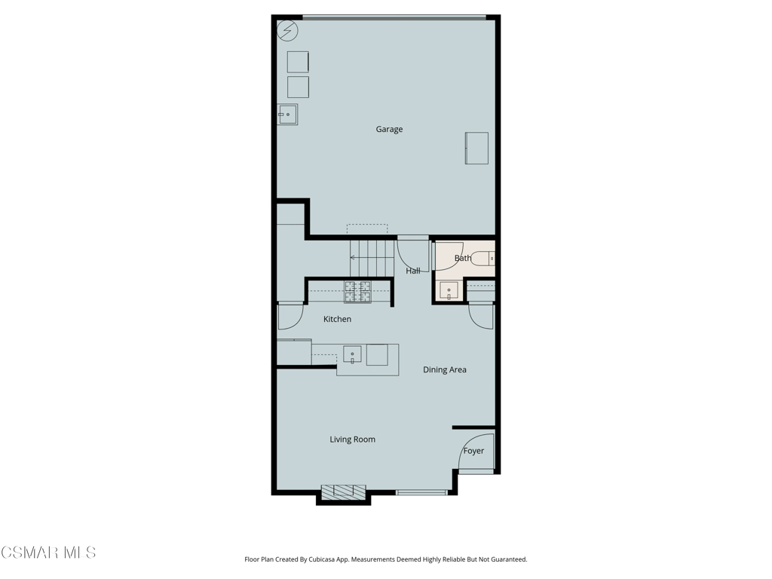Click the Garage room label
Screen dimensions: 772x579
(x=389, y=129)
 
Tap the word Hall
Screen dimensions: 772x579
(x=413, y=271)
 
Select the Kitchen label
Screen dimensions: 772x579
(x=337, y=319)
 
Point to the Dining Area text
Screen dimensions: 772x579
(x=445, y=369)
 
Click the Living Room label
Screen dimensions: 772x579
(x=353, y=440)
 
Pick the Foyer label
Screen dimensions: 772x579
(x=473, y=451)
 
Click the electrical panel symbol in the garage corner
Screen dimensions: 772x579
(x=287, y=30)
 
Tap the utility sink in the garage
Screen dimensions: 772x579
(x=287, y=115)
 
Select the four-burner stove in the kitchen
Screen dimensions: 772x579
(x=357, y=292)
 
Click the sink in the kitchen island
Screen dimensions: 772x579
(x=353, y=354)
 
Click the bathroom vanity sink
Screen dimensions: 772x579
(x=449, y=290)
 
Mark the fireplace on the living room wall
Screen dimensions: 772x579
(x=344, y=491)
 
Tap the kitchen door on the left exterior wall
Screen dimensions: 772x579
(x=290, y=317)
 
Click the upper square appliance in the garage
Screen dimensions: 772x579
(x=298, y=62)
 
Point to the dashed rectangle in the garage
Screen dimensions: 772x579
(x=367, y=229)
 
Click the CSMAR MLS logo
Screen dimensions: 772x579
(x=47, y=553)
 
